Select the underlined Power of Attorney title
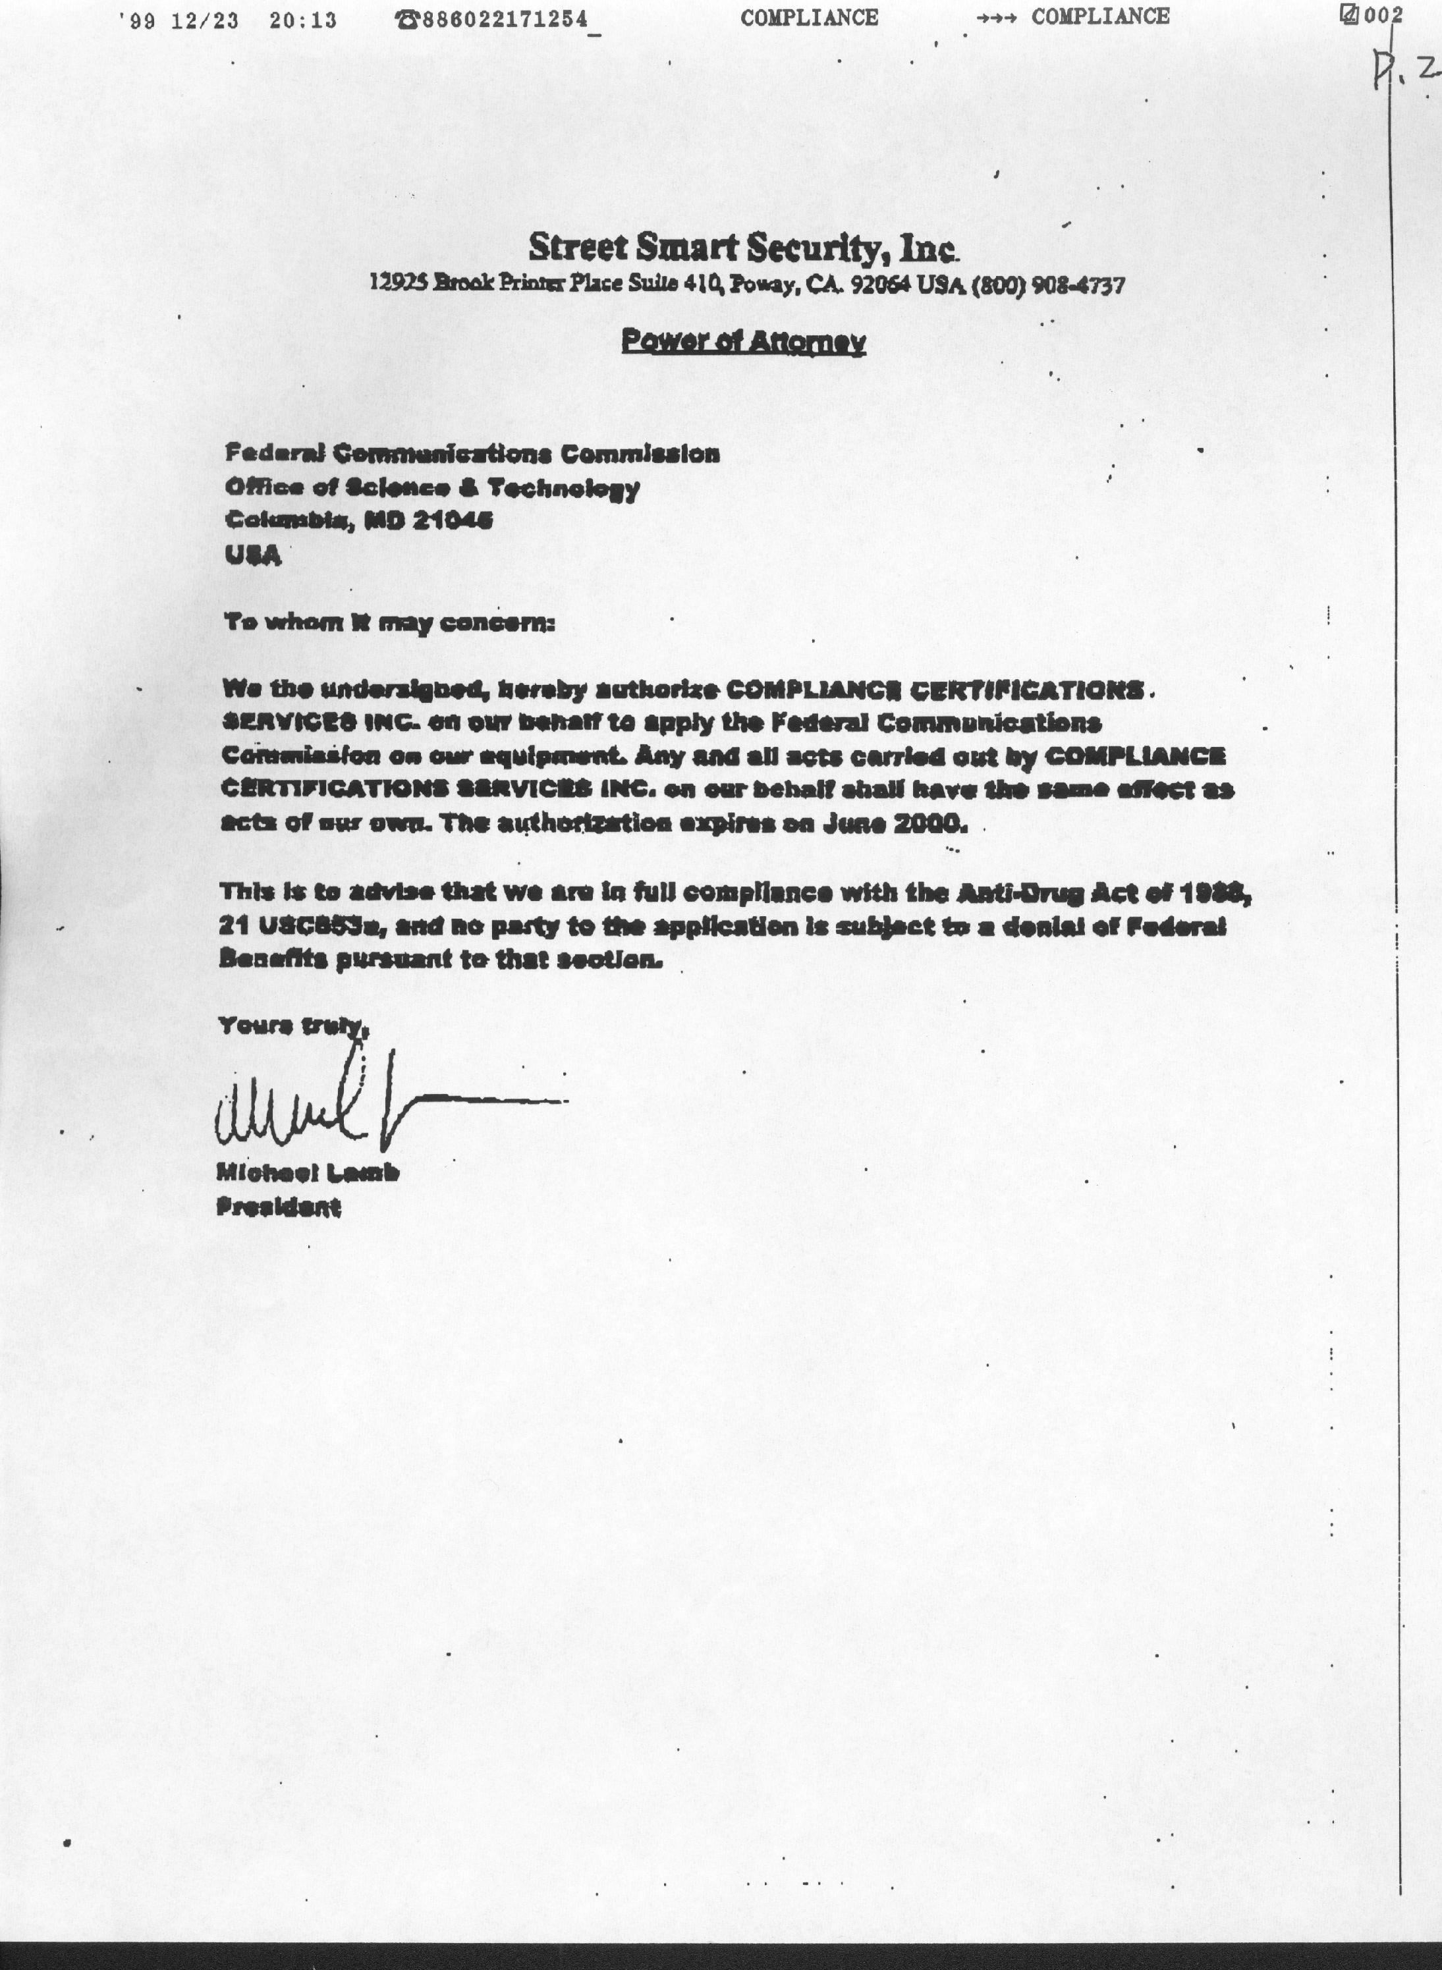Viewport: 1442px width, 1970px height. point(743,341)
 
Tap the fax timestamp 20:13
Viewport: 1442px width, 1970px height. point(303,20)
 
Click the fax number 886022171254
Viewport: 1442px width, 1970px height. point(505,19)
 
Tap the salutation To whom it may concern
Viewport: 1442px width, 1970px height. point(389,622)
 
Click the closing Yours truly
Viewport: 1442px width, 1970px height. point(292,1025)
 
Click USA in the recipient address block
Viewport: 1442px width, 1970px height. point(253,555)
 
